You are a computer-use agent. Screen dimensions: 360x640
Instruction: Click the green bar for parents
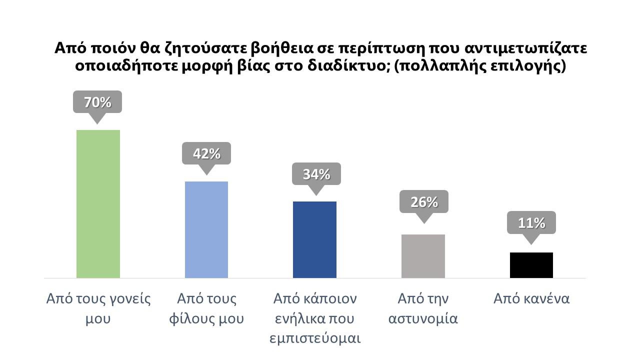pos(98,203)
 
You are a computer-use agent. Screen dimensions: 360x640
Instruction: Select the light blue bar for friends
pos(206,229)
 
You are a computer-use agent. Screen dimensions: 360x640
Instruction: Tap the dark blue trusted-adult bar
pos(314,239)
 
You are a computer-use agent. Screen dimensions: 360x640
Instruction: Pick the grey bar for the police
pos(423,256)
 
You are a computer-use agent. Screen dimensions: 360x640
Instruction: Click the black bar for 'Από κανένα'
pos(531,265)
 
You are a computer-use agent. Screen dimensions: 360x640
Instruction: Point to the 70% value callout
pos(97,102)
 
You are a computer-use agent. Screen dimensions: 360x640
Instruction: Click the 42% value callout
pos(206,154)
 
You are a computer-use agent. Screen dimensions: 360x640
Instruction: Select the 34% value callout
pos(316,174)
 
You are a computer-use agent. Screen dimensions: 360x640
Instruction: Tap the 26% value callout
pos(424,202)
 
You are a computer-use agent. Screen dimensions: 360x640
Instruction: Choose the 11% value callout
pos(531,223)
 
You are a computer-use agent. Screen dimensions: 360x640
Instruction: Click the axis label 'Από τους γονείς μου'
pos(98,308)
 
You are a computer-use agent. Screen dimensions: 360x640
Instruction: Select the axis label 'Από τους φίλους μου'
pos(207,308)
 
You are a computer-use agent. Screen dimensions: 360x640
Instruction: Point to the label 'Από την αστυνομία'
pos(423,308)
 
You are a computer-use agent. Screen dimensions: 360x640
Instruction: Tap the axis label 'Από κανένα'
pos(531,299)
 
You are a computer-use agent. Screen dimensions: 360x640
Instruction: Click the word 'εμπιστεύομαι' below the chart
pos(315,337)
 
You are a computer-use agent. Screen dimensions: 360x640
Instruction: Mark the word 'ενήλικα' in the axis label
pos(296,318)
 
